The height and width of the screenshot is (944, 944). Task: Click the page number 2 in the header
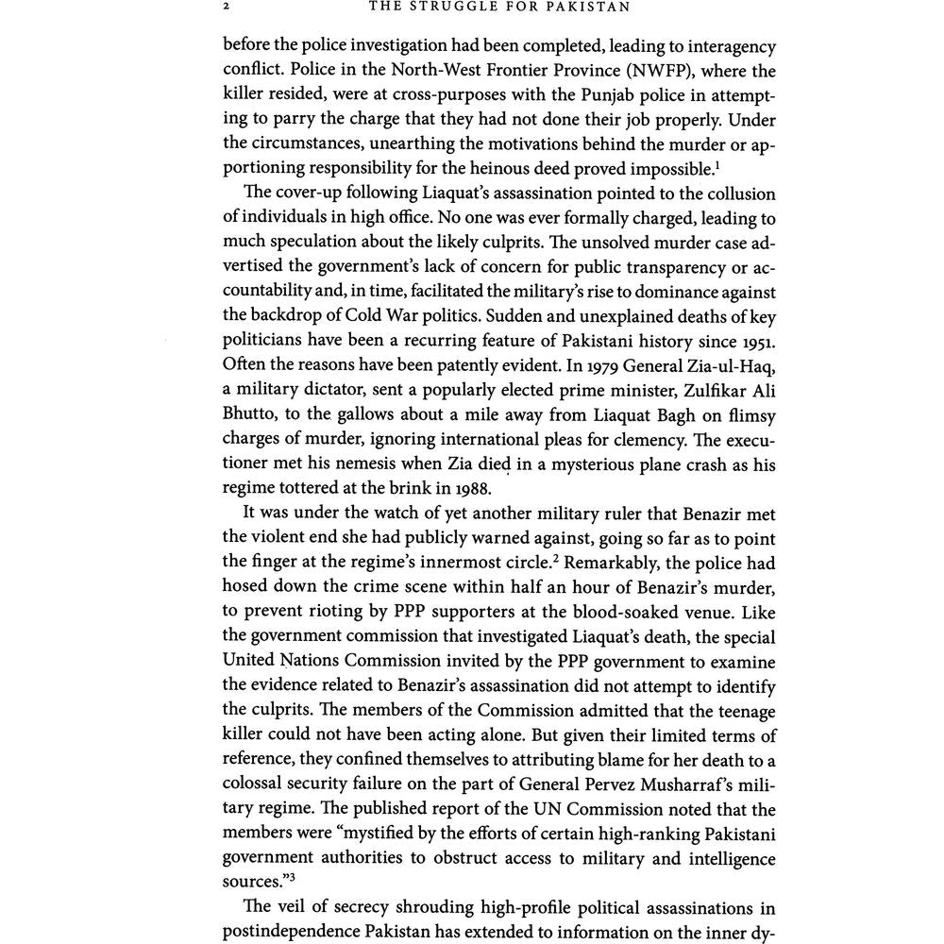(x=228, y=8)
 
